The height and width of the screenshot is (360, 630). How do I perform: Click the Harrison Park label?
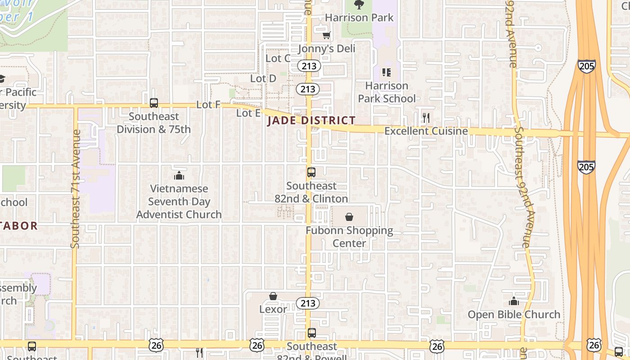(359, 18)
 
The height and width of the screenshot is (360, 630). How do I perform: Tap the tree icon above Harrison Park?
(359, 5)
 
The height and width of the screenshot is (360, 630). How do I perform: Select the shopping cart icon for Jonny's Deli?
(327, 35)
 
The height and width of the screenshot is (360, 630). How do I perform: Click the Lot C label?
(278, 58)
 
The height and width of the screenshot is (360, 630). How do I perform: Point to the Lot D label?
(263, 78)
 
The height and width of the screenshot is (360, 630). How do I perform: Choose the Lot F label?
(208, 105)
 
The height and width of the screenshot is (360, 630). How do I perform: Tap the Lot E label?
(248, 113)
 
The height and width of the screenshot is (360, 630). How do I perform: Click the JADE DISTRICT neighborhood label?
(311, 121)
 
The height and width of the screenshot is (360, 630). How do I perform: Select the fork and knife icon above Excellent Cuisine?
(426, 118)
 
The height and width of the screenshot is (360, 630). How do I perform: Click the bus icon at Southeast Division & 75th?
(154, 103)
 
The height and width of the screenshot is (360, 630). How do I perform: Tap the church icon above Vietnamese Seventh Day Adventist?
(179, 175)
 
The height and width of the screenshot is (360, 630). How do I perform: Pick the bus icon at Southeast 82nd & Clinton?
(311, 172)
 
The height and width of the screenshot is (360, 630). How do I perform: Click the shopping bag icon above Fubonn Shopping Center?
(349, 217)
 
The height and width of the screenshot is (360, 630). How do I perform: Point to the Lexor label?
(273, 309)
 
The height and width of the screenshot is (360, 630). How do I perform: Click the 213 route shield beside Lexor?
(308, 303)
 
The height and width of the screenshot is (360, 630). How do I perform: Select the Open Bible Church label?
(514, 314)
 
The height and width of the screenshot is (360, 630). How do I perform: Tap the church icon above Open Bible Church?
(514, 301)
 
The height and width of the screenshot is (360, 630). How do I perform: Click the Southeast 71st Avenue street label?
(75, 189)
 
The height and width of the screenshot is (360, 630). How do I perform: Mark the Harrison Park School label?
(387, 92)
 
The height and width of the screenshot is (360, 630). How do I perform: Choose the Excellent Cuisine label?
(426, 131)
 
